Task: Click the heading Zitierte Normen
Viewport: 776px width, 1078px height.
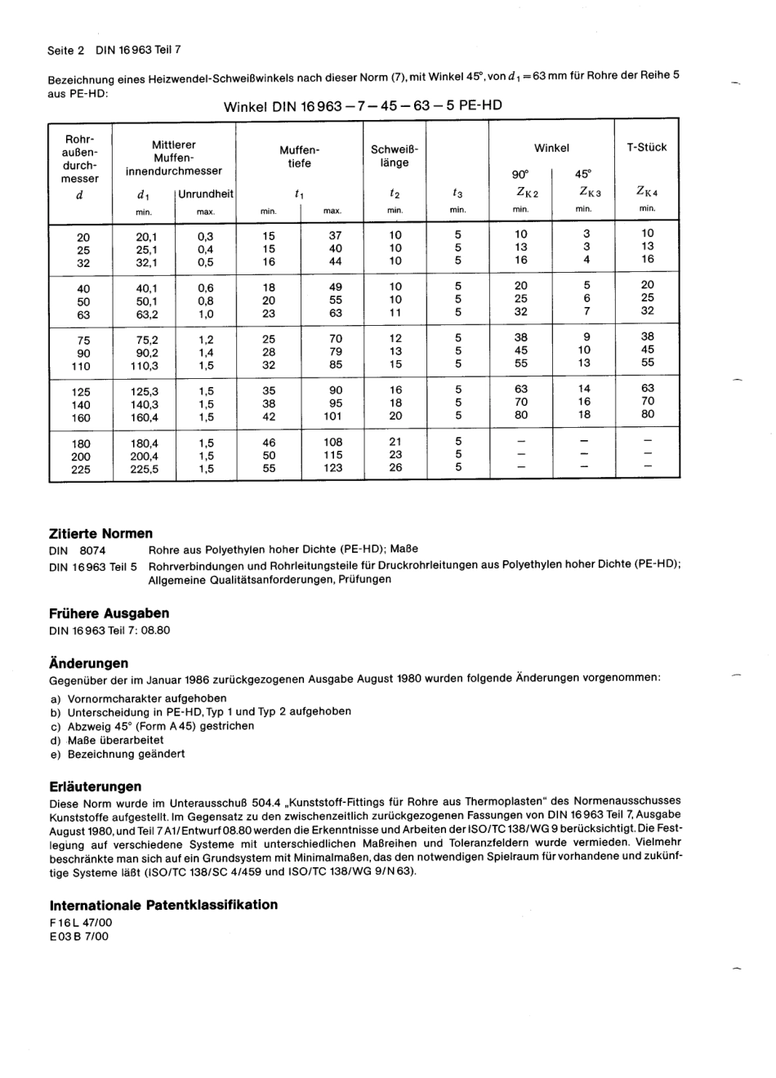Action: [101, 533]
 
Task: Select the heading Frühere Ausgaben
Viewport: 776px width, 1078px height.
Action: [109, 613]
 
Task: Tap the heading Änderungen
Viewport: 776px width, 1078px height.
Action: [89, 663]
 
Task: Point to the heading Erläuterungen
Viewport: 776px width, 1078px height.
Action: [96, 786]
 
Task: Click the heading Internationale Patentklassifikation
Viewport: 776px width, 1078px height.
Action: [163, 905]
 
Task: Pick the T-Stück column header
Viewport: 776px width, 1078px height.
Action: [647, 148]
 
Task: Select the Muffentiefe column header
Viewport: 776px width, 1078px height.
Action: [300, 157]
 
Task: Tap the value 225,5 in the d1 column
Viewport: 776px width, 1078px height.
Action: [145, 470]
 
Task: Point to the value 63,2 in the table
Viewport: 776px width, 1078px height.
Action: [147, 314]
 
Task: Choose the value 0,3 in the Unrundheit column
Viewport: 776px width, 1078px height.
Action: [205, 236]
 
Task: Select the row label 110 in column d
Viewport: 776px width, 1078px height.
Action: [81, 367]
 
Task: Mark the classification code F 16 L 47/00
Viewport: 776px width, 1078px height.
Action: [81, 922]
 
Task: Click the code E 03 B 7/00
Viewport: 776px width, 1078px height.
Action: [78, 936]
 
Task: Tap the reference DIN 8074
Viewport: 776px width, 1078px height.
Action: [78, 550]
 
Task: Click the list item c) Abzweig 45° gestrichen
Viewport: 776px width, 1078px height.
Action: [152, 726]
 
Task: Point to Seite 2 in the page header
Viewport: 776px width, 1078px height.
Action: [66, 50]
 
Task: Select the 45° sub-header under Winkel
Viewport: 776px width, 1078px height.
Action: [583, 174]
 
